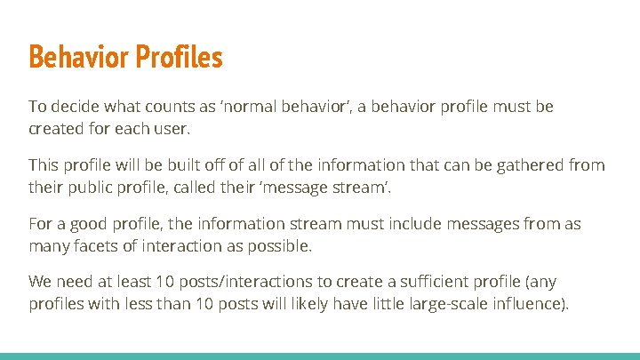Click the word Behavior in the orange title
point(79,58)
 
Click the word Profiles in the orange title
point(179,58)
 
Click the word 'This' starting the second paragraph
point(44,165)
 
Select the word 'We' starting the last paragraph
point(41,283)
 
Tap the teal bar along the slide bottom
point(320,356)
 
